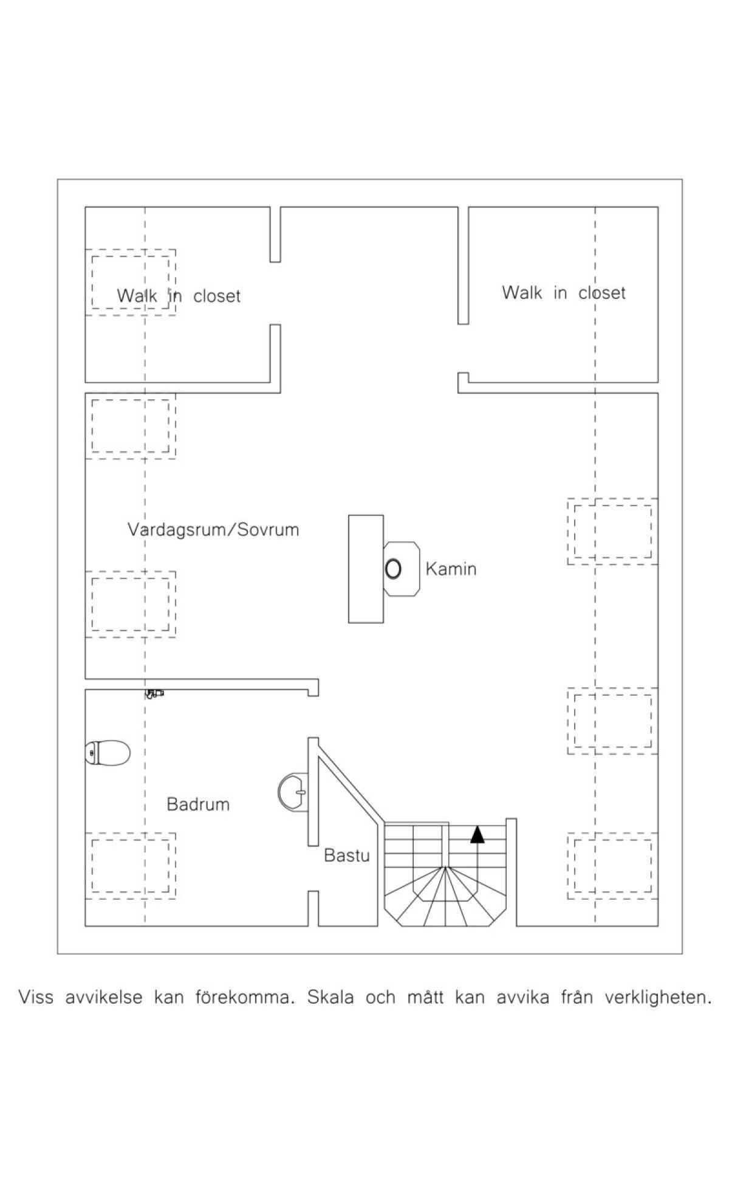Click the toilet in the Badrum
coord(108,753)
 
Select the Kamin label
coord(451,569)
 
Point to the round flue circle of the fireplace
coord(393,569)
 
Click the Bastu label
coord(347,855)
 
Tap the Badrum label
coord(198,804)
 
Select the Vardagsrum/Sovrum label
coord(213,529)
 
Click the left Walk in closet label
coord(179,296)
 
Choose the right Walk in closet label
coord(564,293)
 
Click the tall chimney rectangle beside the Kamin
coord(366,569)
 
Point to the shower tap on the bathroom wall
coord(154,693)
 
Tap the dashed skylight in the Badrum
coord(130,865)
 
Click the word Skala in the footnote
coord(330,998)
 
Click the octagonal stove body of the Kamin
coord(402,569)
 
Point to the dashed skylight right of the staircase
coord(613,865)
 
